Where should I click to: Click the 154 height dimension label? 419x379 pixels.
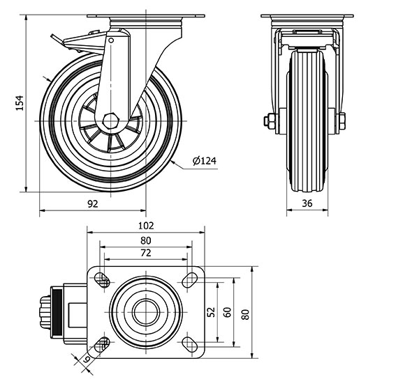(x=20, y=102)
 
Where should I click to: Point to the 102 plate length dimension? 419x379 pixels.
(x=146, y=226)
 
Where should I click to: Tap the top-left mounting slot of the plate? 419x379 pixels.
(x=103, y=280)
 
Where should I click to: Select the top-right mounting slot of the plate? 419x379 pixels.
(x=189, y=280)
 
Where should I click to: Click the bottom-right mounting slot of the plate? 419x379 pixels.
(x=189, y=342)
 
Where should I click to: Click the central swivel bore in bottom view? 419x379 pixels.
(x=146, y=311)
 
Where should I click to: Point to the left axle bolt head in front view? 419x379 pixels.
(x=268, y=121)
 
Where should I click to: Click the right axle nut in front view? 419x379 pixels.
(x=341, y=121)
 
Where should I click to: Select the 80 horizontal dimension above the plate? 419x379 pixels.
(x=146, y=240)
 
